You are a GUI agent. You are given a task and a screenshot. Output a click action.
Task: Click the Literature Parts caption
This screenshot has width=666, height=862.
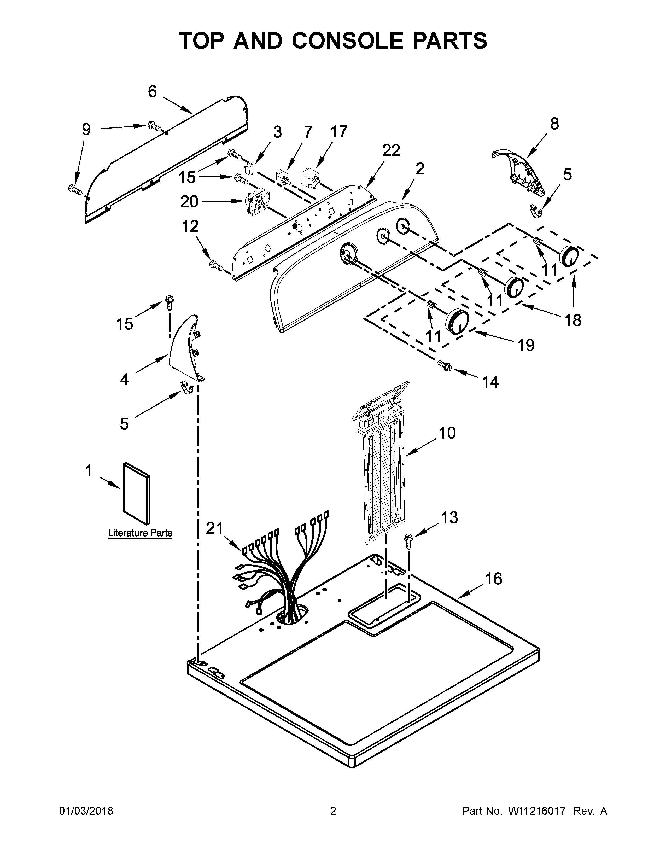pyautogui.click(x=140, y=533)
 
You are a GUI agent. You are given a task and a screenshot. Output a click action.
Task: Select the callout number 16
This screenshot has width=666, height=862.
pyautogui.click(x=493, y=579)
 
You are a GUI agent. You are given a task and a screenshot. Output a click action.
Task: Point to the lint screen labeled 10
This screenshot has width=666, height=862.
pyautogui.click(x=383, y=477)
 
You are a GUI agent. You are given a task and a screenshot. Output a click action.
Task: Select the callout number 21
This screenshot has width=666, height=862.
pyautogui.click(x=215, y=528)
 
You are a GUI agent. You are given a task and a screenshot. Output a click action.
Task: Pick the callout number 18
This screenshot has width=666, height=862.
pyautogui.click(x=573, y=321)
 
